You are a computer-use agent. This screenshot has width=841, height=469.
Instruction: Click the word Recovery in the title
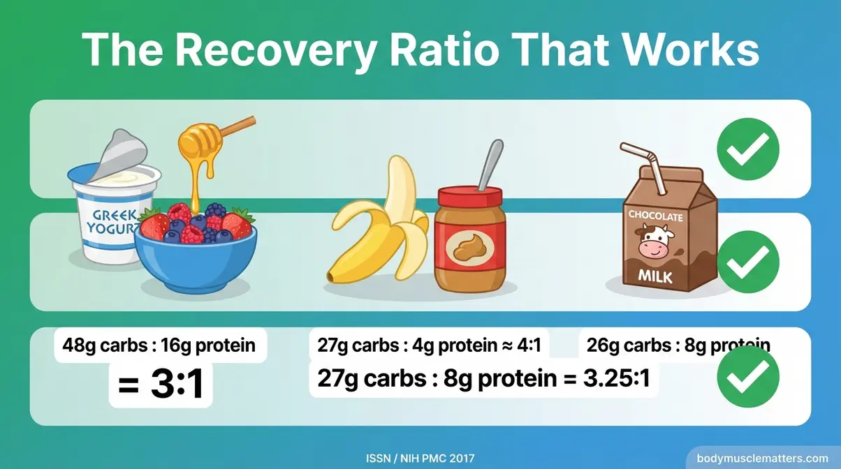pos(280,50)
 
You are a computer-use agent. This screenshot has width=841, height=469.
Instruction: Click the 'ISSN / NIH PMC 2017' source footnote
pos(421,459)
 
